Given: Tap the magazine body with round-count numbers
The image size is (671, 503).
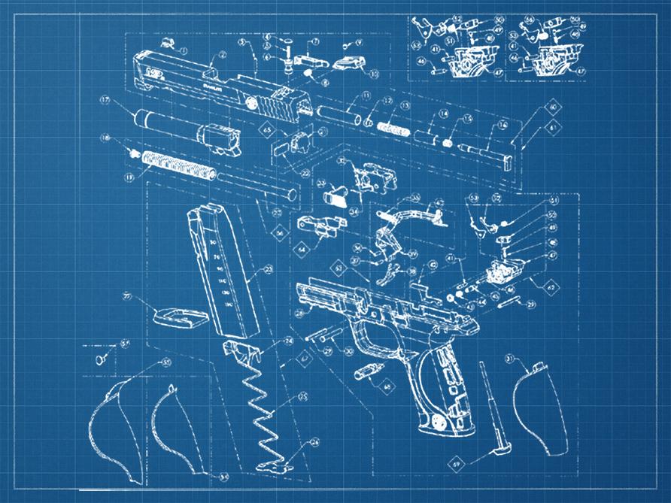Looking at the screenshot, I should pos(222,274).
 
